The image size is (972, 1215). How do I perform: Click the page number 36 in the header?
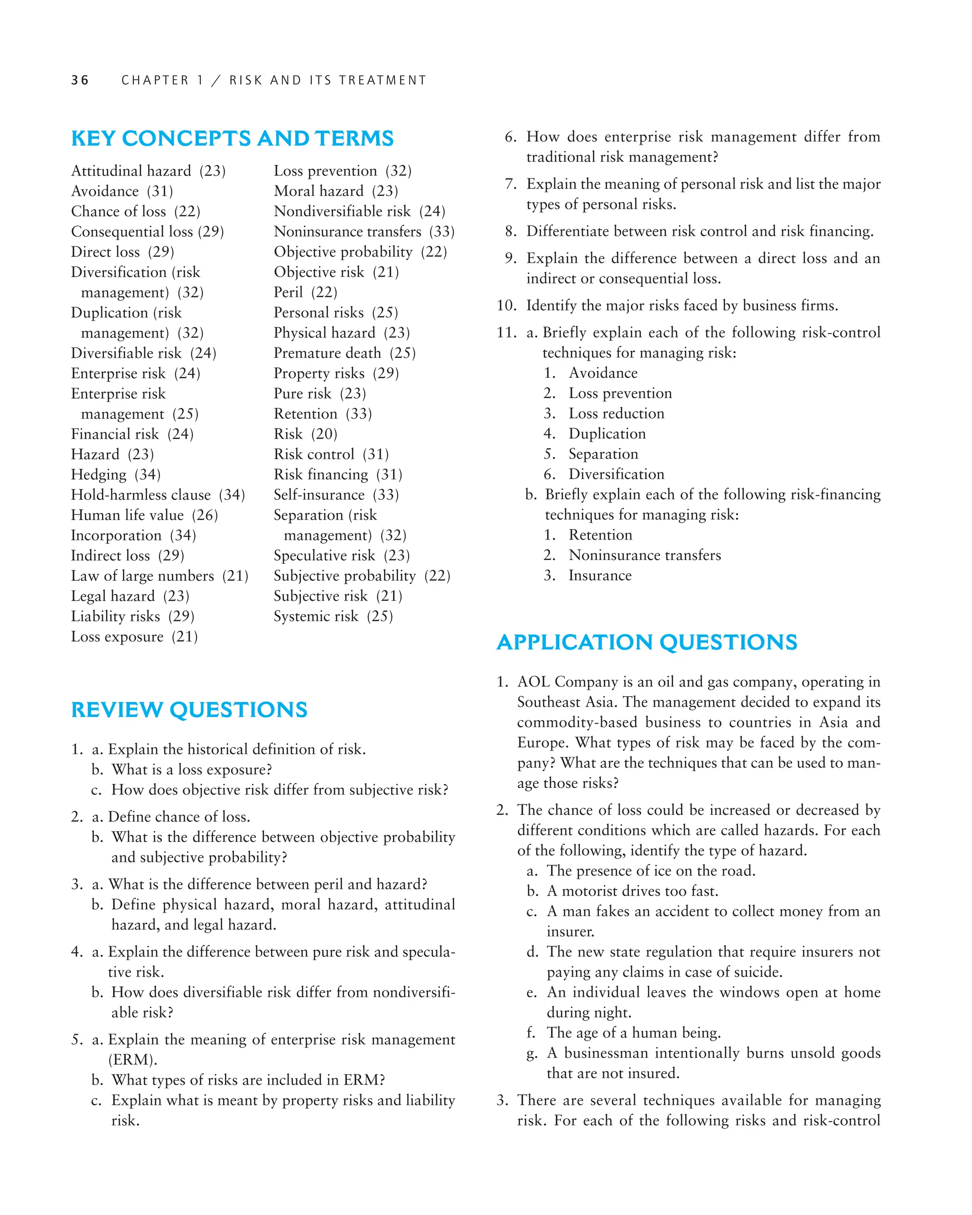coord(80,80)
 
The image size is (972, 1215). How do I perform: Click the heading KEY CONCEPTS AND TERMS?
coord(232,139)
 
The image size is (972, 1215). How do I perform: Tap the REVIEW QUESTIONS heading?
coord(189,710)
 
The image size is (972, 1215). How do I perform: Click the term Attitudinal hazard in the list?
coord(131,171)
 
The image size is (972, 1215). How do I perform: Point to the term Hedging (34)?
coord(115,475)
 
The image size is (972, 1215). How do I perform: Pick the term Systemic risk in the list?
coord(316,616)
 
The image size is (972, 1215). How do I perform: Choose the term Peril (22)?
coord(305,292)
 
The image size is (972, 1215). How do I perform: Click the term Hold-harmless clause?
coord(140,495)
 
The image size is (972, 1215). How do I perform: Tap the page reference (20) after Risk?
coord(325,434)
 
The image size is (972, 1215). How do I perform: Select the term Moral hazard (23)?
coord(336,191)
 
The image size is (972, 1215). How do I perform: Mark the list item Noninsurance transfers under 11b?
coord(644,555)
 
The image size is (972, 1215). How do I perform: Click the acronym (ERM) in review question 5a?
coord(132,1059)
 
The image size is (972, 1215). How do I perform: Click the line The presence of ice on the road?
coord(650,871)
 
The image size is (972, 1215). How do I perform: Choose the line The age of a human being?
coord(633,1032)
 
